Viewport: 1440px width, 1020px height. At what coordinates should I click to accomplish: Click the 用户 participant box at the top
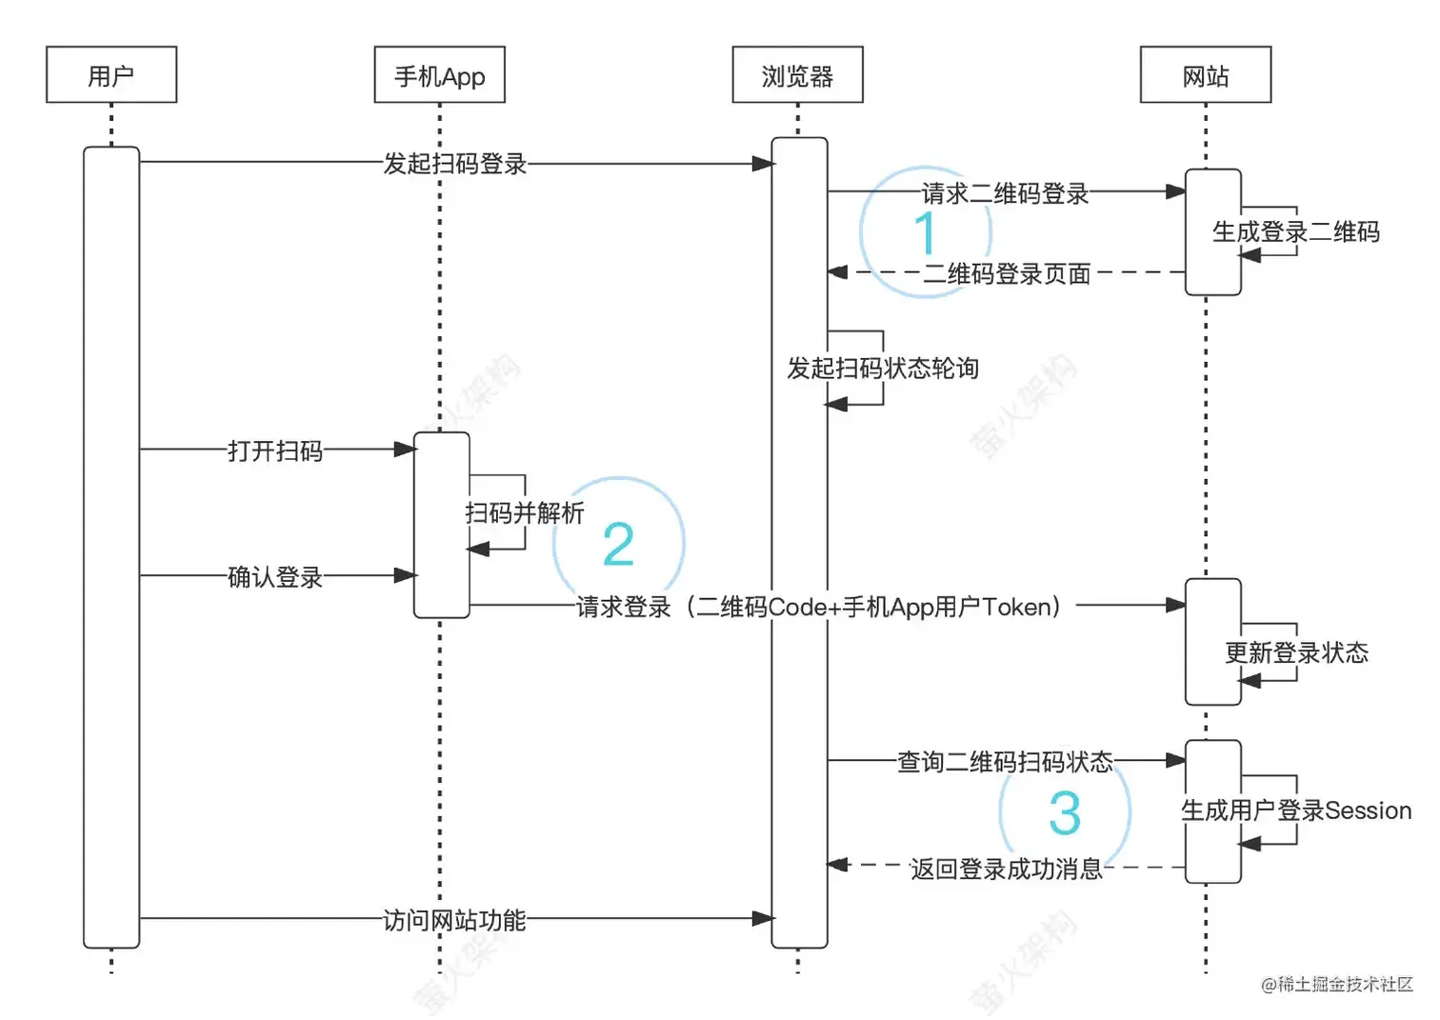click(x=111, y=75)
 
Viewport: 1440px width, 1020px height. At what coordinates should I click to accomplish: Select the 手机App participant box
click(x=439, y=75)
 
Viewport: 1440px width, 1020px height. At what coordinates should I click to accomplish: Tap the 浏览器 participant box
click(x=797, y=75)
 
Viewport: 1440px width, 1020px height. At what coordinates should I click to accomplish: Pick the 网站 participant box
click(x=1205, y=75)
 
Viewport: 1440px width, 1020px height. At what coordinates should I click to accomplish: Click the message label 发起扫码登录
click(x=454, y=164)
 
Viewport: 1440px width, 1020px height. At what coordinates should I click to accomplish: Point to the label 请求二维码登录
click(x=1005, y=193)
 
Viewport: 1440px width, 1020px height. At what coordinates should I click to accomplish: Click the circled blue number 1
click(x=925, y=232)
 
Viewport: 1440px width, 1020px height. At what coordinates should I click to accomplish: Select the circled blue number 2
click(x=618, y=544)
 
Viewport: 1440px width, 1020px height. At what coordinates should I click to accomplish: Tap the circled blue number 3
click(x=1064, y=813)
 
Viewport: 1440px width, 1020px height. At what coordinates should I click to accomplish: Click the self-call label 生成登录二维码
click(x=1295, y=231)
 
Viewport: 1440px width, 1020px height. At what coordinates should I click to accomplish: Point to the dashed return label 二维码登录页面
click(x=1007, y=274)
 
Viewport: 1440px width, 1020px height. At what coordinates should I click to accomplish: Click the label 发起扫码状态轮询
click(x=882, y=369)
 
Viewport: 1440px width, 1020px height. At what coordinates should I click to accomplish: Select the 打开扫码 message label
click(x=275, y=450)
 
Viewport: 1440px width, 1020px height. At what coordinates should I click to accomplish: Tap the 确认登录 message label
click(x=275, y=577)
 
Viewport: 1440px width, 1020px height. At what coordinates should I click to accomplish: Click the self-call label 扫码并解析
click(x=524, y=513)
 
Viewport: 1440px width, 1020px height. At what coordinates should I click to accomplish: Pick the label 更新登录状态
click(x=1295, y=652)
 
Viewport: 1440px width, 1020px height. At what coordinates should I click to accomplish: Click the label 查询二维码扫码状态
click(x=1005, y=762)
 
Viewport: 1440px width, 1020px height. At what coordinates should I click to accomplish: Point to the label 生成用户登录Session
click(x=1295, y=810)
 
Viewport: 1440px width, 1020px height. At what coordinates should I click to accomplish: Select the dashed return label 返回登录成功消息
click(x=1006, y=869)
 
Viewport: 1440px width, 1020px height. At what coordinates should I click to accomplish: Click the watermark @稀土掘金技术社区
click(x=1336, y=985)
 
